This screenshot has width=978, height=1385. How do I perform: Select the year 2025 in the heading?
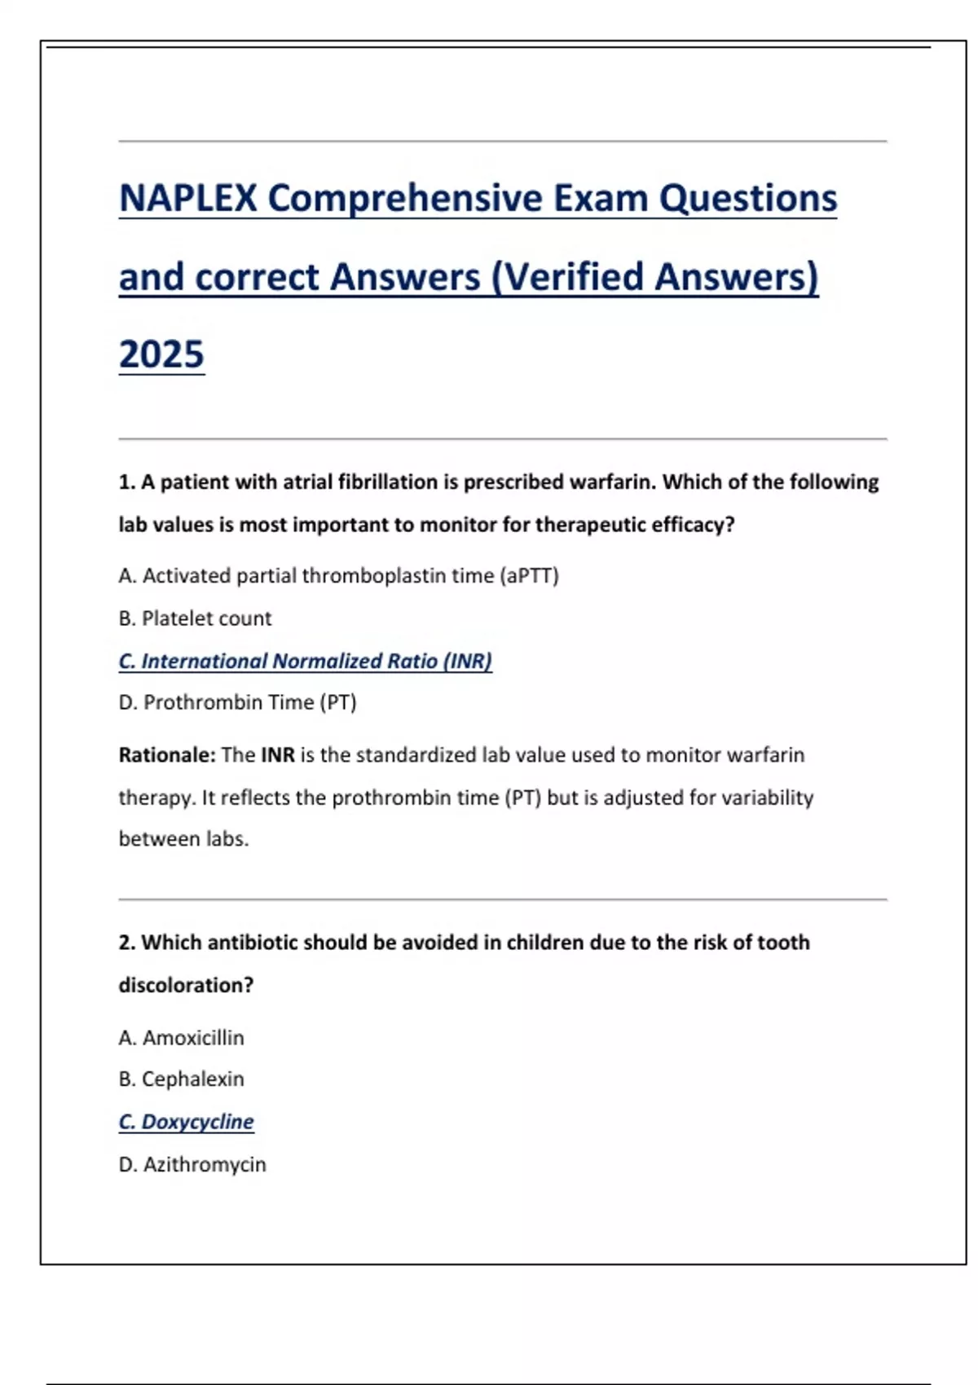pyautogui.click(x=161, y=354)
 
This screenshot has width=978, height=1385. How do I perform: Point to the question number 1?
pyautogui.click(x=126, y=482)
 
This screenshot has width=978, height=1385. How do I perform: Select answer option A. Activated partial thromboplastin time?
pyautogui.click(x=338, y=576)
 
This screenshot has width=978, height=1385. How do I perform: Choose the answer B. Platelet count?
pyautogui.click(x=195, y=618)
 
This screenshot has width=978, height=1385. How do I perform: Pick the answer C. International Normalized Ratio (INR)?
pyautogui.click(x=305, y=661)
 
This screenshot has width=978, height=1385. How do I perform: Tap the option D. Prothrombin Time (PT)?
pyautogui.click(x=237, y=702)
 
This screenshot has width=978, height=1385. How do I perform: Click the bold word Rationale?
pyautogui.click(x=167, y=755)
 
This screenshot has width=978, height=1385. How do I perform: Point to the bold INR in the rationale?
pyautogui.click(x=278, y=755)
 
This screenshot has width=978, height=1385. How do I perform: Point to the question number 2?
pyautogui.click(x=126, y=943)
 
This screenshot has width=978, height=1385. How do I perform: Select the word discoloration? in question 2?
pyautogui.click(x=186, y=985)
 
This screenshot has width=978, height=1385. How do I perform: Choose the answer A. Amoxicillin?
pyautogui.click(x=181, y=1038)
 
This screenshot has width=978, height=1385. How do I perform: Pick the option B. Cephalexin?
pyautogui.click(x=181, y=1079)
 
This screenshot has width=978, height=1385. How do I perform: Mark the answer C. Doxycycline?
pyautogui.click(x=186, y=1122)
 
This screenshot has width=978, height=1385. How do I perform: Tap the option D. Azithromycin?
pyautogui.click(x=192, y=1165)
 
